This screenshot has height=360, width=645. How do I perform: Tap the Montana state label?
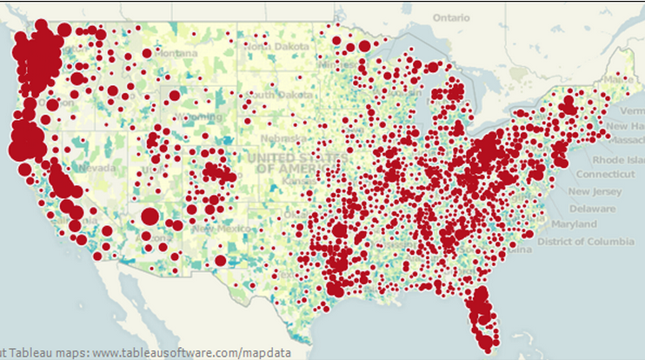point(177,53)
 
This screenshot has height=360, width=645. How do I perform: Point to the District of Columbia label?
point(585,240)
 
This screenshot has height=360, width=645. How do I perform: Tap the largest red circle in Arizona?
point(150,216)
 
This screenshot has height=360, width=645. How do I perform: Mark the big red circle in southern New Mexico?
point(221,260)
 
